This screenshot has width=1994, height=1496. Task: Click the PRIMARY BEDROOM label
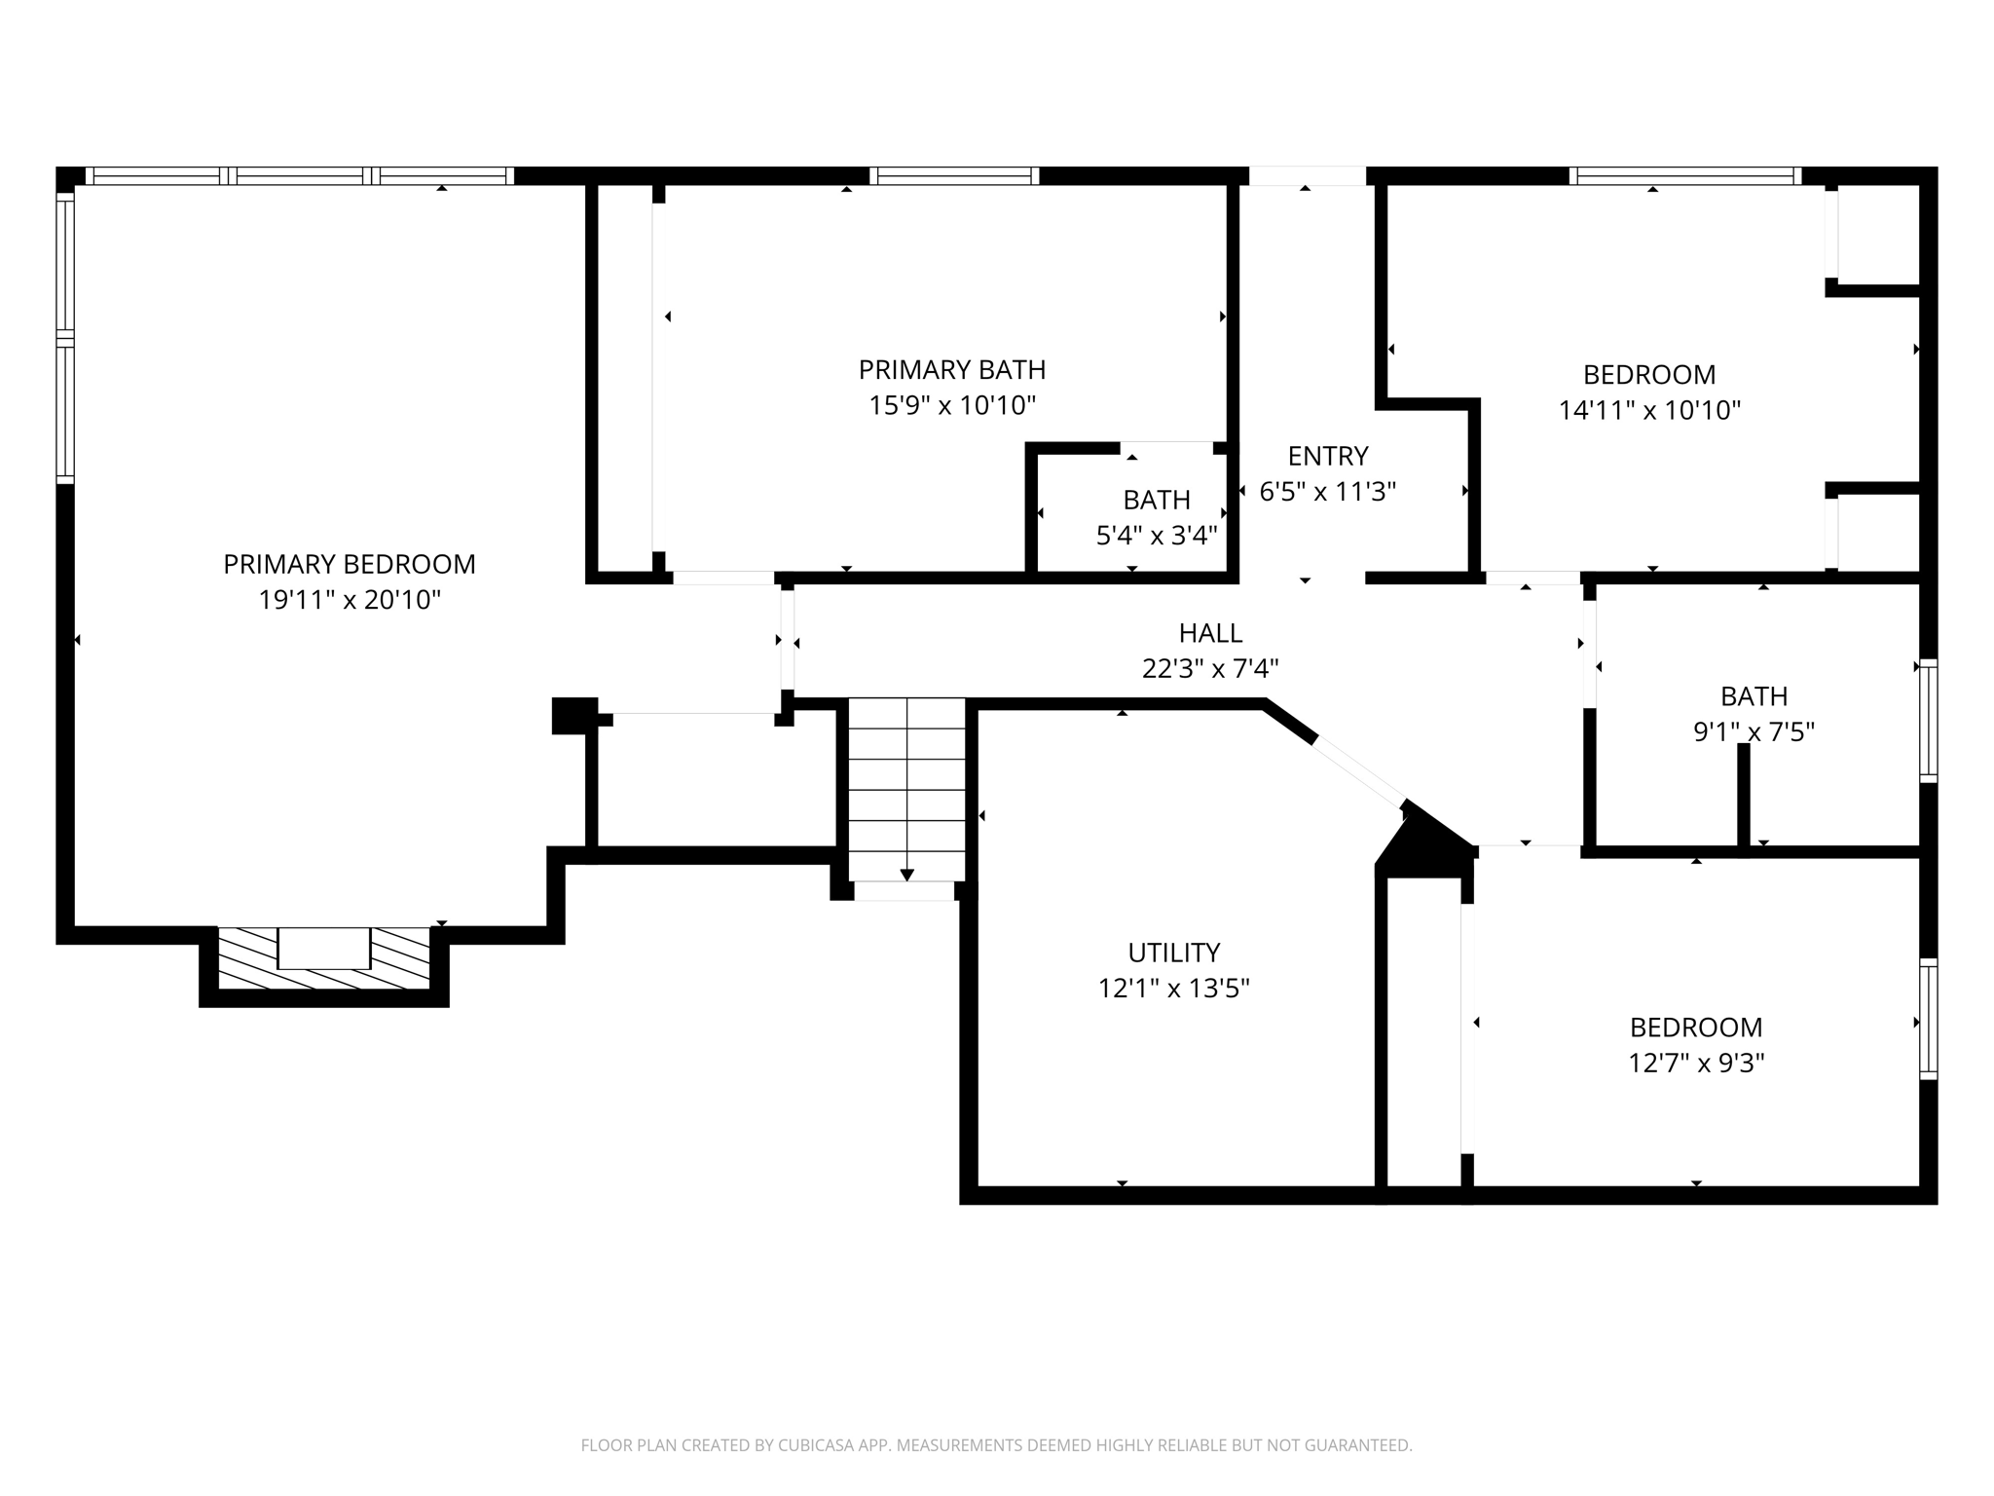(x=349, y=564)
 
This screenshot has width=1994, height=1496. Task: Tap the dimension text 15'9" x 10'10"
(x=951, y=406)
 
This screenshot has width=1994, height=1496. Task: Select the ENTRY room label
(x=1327, y=456)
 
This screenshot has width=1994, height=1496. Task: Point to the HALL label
(x=1210, y=633)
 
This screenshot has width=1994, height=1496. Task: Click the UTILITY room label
(x=1173, y=953)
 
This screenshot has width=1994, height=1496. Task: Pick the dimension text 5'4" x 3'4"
(x=1156, y=536)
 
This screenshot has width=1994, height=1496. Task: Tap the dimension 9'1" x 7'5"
(x=1754, y=731)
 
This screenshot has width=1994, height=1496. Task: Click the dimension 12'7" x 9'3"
(x=1696, y=1063)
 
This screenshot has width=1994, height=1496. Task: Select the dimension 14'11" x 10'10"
(x=1648, y=410)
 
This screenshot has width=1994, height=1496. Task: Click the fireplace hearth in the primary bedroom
(x=323, y=959)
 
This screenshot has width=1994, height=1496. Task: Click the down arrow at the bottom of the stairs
(x=906, y=875)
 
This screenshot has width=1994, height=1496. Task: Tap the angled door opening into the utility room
(x=1359, y=771)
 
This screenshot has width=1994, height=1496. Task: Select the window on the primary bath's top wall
(x=954, y=176)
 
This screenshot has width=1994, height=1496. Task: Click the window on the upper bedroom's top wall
(x=1684, y=176)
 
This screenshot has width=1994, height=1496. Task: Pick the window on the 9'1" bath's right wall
(x=1928, y=721)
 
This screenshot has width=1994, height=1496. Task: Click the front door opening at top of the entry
(x=1307, y=176)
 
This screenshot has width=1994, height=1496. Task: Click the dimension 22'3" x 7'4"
(x=1210, y=669)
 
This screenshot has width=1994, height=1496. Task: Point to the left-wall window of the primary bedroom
(x=65, y=336)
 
